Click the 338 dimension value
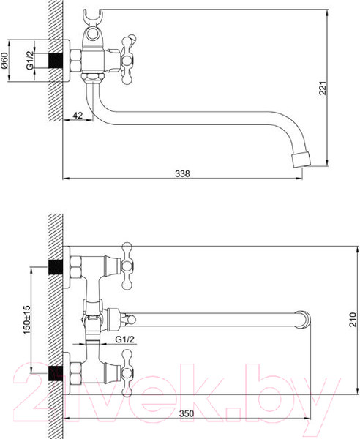(183, 173)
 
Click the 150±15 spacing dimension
(26, 319)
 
